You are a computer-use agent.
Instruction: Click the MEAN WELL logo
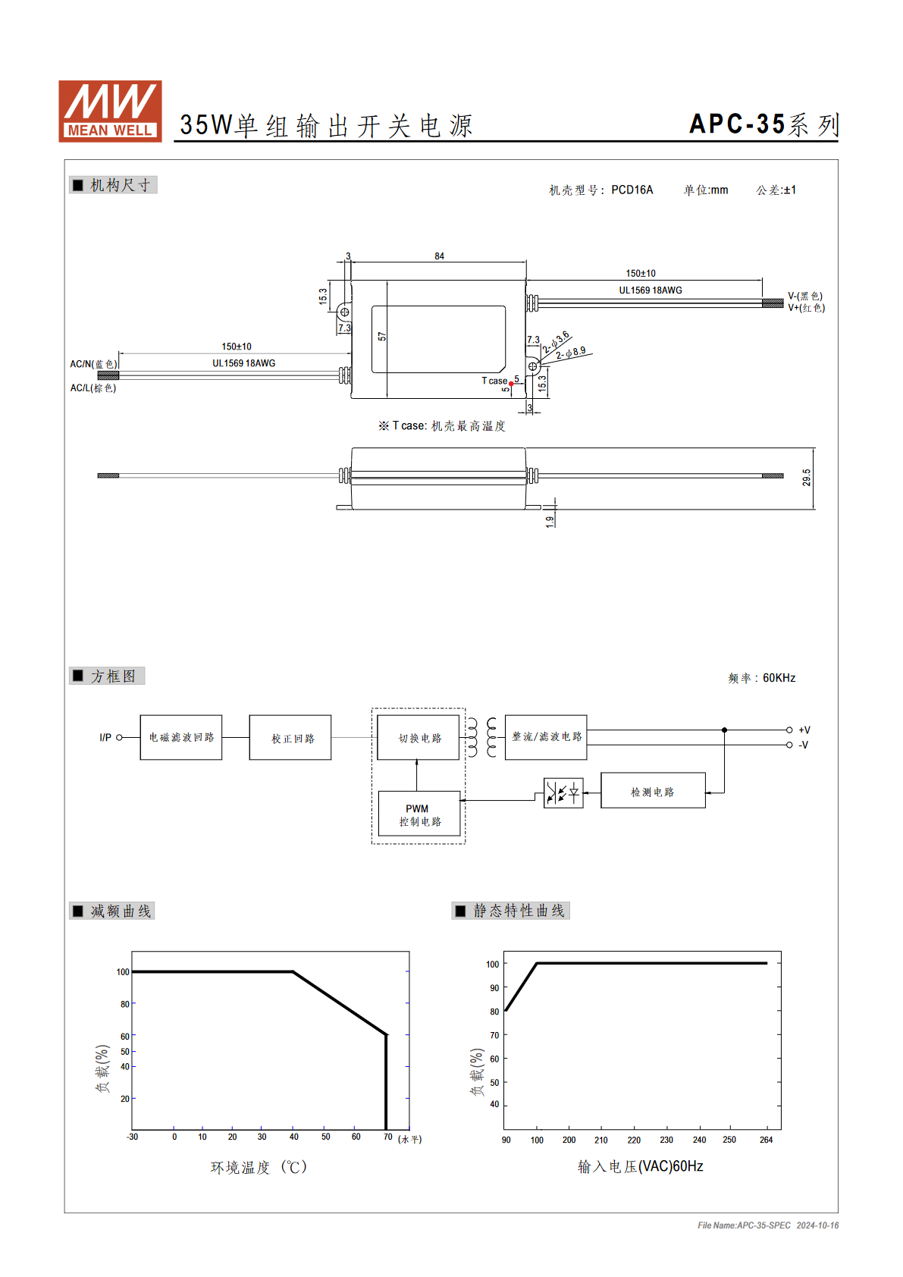tap(110, 111)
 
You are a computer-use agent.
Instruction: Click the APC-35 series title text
tap(764, 124)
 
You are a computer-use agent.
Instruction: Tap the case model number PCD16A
tap(632, 190)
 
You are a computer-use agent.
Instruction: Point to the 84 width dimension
tap(439, 256)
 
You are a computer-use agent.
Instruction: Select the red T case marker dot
tap(511, 384)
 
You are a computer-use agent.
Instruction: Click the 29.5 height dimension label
tap(806, 478)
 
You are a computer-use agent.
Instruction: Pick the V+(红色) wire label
tap(806, 308)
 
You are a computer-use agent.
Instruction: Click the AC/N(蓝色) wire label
tap(93, 364)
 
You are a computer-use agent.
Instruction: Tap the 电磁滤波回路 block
tap(180, 737)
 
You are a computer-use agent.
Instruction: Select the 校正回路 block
tap(290, 737)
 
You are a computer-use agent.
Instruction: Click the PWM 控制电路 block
tap(419, 814)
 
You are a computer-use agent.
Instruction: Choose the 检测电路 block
tap(653, 791)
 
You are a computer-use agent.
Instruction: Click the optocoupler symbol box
tap(563, 792)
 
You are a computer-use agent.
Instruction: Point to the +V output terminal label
tap(804, 729)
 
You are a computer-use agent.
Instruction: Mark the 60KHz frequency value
tap(779, 678)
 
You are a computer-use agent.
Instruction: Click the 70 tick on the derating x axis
tap(387, 1137)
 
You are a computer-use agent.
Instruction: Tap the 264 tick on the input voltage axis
tap(767, 1140)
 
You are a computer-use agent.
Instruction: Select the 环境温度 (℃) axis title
tap(259, 1168)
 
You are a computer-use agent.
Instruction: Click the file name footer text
tap(768, 1225)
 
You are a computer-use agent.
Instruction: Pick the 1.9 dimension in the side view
tap(550, 522)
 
